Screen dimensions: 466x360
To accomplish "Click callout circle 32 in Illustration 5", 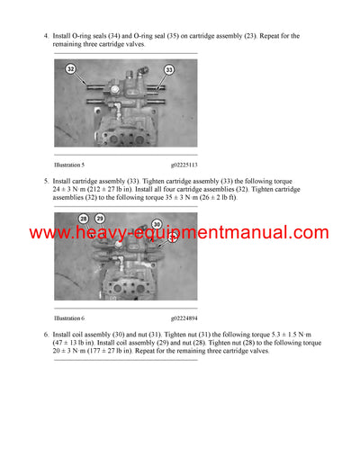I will tap(71, 68).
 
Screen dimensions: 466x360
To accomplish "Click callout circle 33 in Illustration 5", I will tap(168, 69).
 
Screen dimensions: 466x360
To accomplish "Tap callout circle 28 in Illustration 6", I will tap(83, 219).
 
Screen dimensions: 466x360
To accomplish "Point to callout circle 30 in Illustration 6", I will tap(156, 224).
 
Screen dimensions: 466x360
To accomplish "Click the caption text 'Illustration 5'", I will tap(69, 166).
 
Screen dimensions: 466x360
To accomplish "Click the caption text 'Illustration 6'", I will tap(69, 318).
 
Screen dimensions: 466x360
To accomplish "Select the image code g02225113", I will tap(184, 166).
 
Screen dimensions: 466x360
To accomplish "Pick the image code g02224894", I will tap(184, 318).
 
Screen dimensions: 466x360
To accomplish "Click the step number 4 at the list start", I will tap(45, 36).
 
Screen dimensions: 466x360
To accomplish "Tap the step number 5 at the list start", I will tap(45, 180).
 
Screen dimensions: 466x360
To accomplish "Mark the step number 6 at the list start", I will tap(45, 333).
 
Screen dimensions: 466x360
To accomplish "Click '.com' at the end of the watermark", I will tap(307, 233).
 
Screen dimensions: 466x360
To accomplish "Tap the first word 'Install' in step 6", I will tap(65, 333).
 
